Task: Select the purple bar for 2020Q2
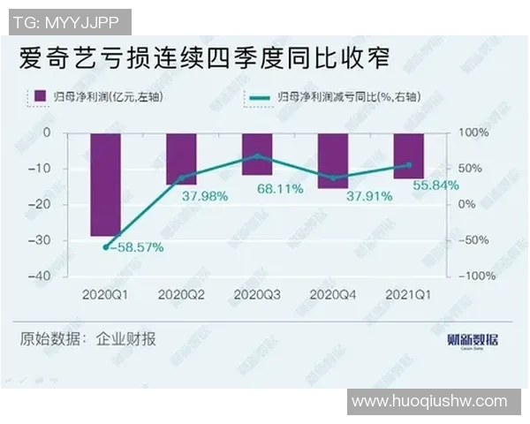pyautogui.click(x=181, y=158)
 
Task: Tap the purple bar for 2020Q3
pyautogui.click(x=257, y=153)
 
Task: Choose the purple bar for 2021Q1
pyautogui.click(x=408, y=155)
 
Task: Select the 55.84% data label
pyautogui.click(x=431, y=186)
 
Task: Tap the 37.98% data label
pyautogui.click(x=205, y=195)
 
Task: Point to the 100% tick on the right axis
pyautogui.click(x=470, y=132)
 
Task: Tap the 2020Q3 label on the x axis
pyautogui.click(x=257, y=293)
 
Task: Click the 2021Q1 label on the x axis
pyautogui.click(x=408, y=293)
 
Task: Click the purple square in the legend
pyautogui.click(x=39, y=95)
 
